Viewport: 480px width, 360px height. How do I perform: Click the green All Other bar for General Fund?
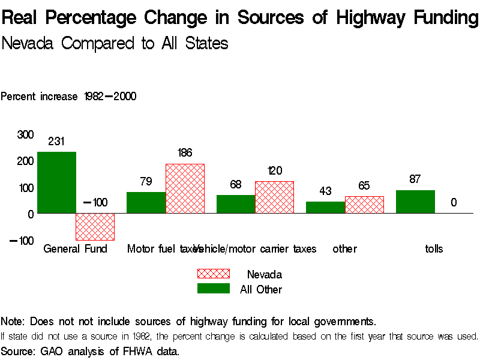(x=56, y=182)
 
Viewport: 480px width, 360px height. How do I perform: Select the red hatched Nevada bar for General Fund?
(x=95, y=226)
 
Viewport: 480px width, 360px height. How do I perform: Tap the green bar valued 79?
(x=146, y=202)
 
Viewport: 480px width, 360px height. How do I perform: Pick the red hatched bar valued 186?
(x=185, y=188)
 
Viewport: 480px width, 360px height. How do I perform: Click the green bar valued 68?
(x=236, y=204)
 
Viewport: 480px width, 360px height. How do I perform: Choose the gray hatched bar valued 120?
(x=274, y=197)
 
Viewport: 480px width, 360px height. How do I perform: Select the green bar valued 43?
(x=325, y=207)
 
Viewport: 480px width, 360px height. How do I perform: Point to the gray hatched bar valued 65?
(x=364, y=205)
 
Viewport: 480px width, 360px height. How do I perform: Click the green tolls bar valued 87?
(x=415, y=202)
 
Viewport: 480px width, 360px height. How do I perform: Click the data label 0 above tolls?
(x=454, y=203)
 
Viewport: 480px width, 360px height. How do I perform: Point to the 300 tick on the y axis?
(x=25, y=134)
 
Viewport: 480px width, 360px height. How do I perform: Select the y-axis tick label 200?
(x=25, y=161)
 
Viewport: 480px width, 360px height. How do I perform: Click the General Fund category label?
(x=75, y=248)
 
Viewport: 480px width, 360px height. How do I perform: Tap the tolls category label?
(x=434, y=248)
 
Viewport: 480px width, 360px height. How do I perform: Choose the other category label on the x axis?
(x=344, y=248)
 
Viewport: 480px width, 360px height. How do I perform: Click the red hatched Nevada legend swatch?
(x=214, y=274)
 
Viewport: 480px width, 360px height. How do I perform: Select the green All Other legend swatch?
(x=214, y=289)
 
